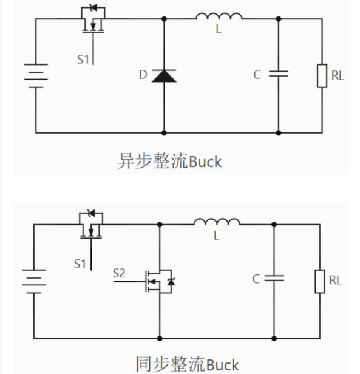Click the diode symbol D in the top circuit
[x=163, y=75]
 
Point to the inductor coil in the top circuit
[x=219, y=16]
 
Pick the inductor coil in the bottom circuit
[x=217, y=222]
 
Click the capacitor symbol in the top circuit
[x=279, y=73]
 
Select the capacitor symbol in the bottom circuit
[x=274, y=278]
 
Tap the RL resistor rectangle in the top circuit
[x=322, y=75]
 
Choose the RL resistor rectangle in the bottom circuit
[x=319, y=281]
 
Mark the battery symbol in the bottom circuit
[x=34, y=280]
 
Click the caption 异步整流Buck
[x=169, y=162]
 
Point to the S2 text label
[x=119, y=273]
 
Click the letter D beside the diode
[x=143, y=75]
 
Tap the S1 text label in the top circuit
[x=83, y=59]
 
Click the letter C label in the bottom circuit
[x=256, y=279]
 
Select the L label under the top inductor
[x=219, y=29]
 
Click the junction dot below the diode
[x=163, y=132]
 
